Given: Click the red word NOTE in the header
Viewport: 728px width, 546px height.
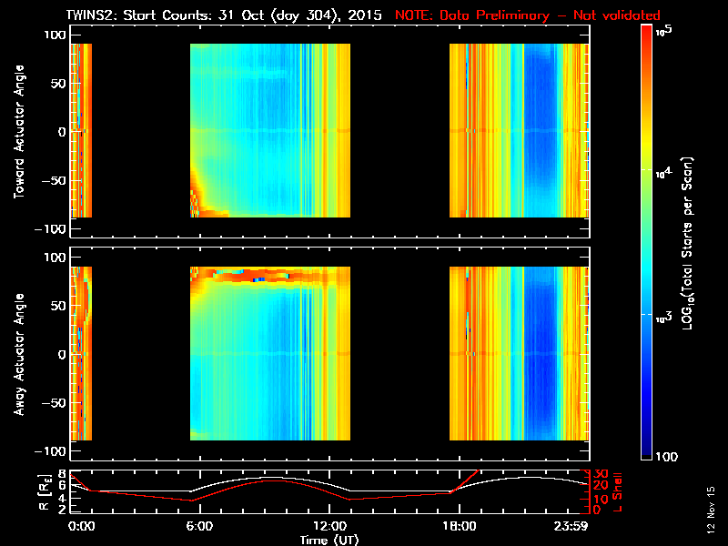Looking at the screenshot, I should pyautogui.click(x=411, y=15).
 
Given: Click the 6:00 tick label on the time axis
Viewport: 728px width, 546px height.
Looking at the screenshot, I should pyautogui.click(x=198, y=527).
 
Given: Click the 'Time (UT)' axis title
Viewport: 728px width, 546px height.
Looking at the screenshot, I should pyautogui.click(x=330, y=539).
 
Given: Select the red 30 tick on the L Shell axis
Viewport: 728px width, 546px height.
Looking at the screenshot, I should pyautogui.click(x=602, y=474).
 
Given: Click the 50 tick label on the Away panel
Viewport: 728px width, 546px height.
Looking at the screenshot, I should pyautogui.click(x=56, y=306).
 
